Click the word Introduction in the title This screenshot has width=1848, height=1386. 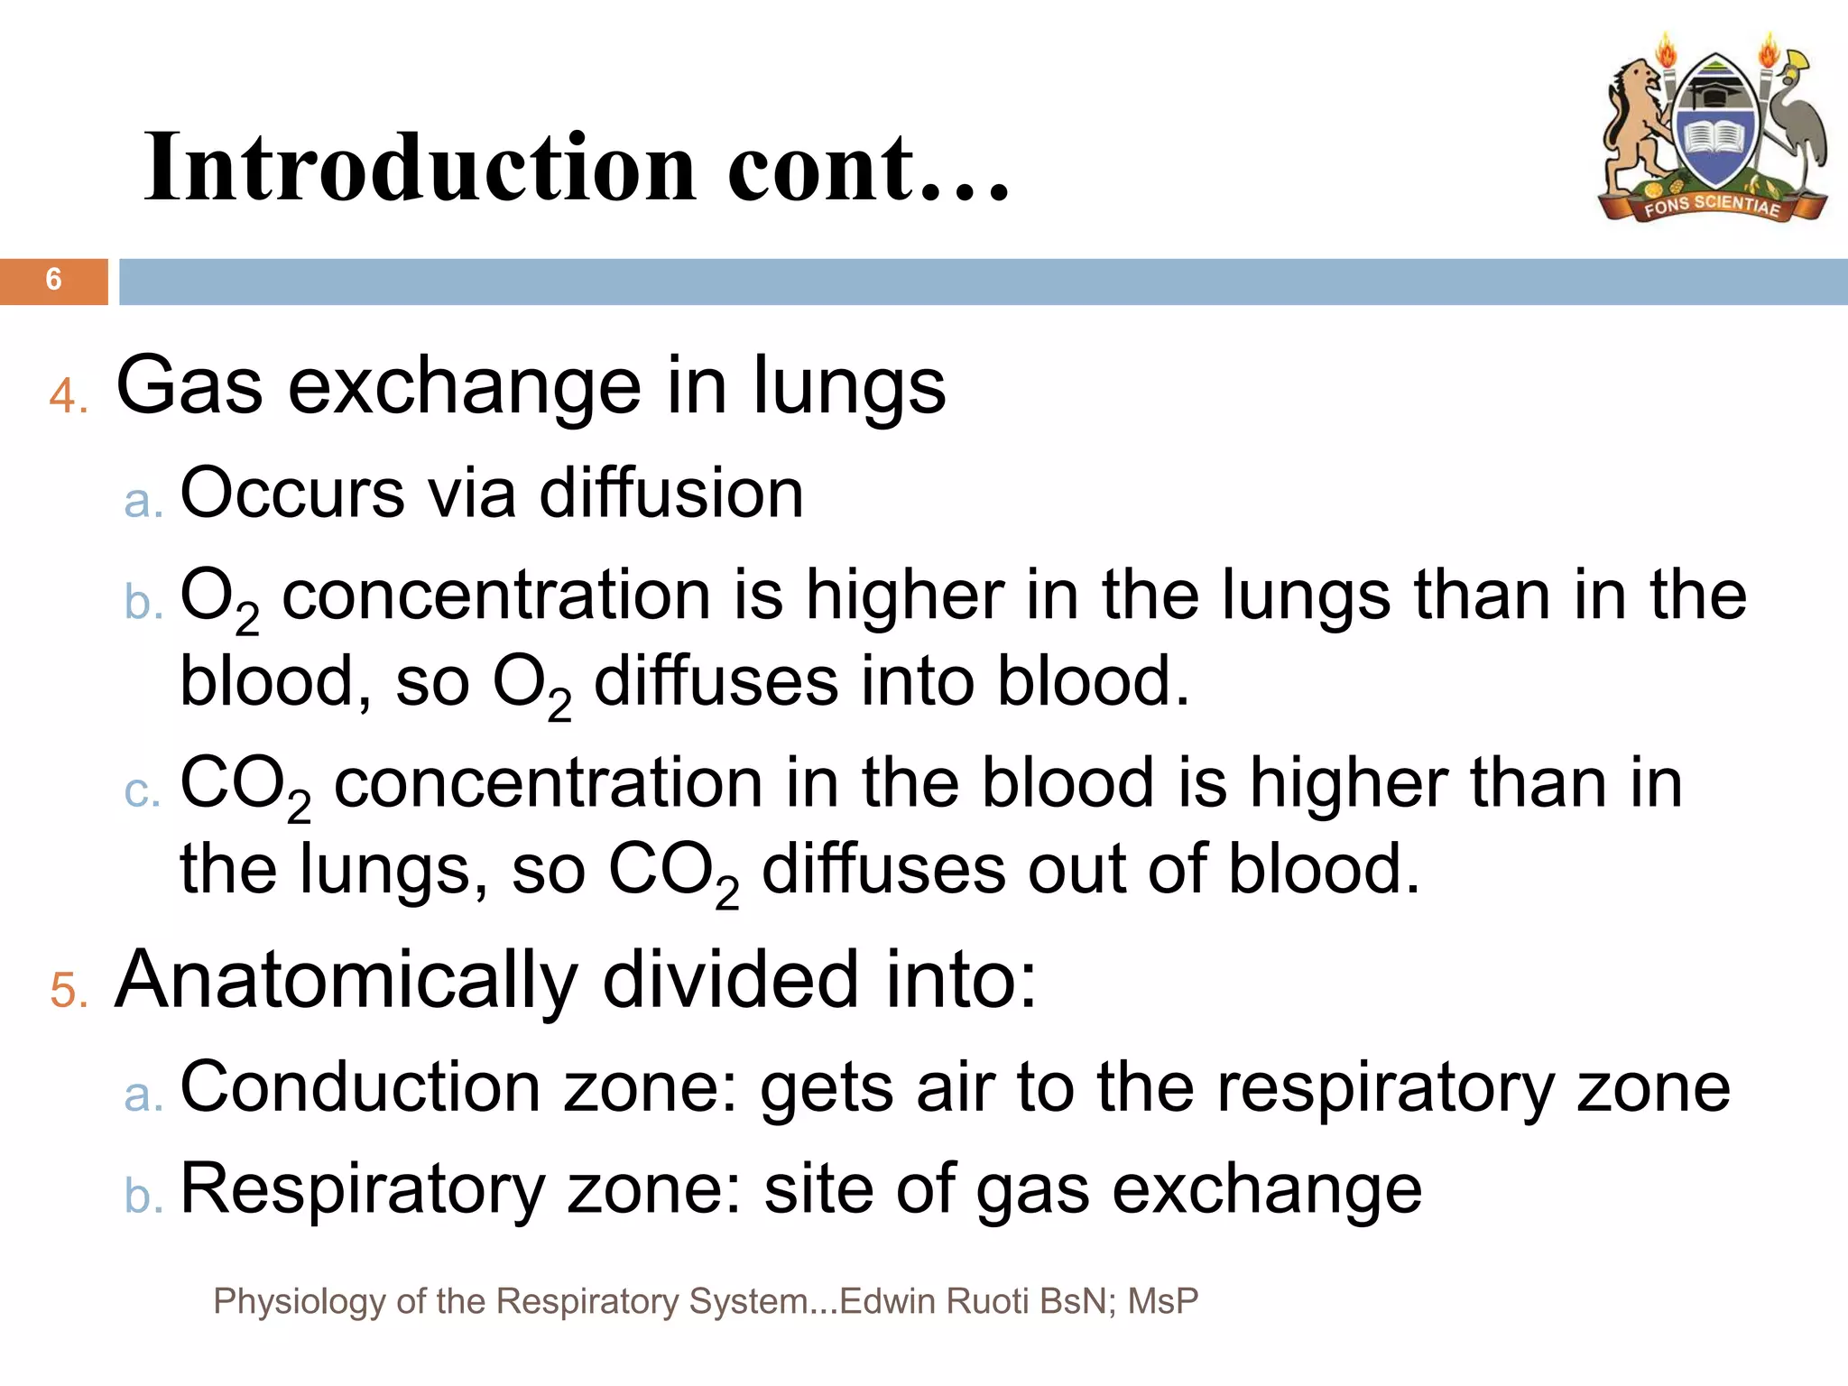click(x=420, y=167)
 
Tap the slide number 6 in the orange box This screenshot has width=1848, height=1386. click(x=53, y=280)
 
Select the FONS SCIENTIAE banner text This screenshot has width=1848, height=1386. click(x=1711, y=206)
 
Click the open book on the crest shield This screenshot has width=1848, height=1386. click(x=1714, y=140)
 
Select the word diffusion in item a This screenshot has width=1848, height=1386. click(x=671, y=494)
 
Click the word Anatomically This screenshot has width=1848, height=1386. click(x=346, y=981)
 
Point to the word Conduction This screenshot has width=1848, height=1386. click(x=360, y=1087)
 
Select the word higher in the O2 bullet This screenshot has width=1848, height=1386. click(x=904, y=596)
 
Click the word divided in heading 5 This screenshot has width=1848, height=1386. click(x=730, y=981)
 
